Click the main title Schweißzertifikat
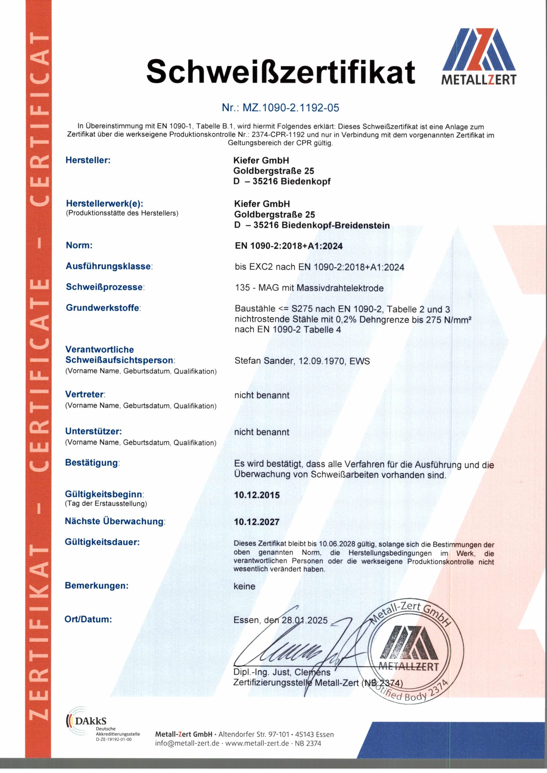[x=280, y=71]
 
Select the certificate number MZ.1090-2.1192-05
[x=280, y=108]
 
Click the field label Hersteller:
[x=88, y=160]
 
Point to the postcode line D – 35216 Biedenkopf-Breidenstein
[x=312, y=225]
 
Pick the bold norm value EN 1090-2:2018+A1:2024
[x=289, y=246]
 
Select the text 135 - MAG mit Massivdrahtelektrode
[x=309, y=288]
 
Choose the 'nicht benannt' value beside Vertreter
[x=262, y=395]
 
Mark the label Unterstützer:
[x=93, y=431]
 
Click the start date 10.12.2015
[x=257, y=495]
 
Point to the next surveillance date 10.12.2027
[x=257, y=522]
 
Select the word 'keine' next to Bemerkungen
[x=244, y=586]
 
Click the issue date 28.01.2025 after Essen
[x=304, y=620]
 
